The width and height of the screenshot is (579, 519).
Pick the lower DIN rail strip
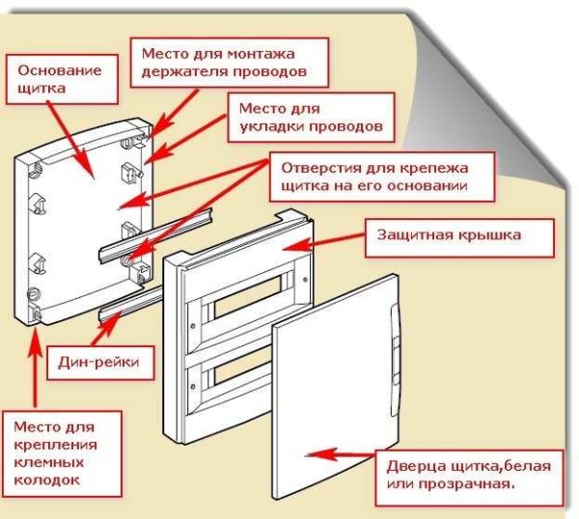125,307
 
